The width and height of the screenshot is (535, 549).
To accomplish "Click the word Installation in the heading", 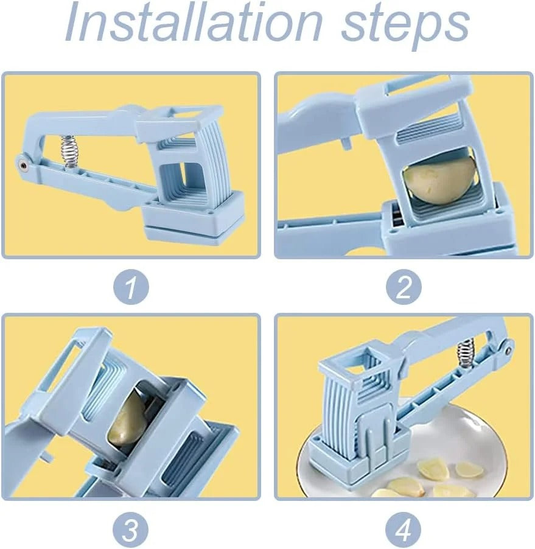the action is point(194,21).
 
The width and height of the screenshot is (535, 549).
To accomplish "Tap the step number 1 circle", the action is point(131,287).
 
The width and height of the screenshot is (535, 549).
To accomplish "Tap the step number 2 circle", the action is point(404,287).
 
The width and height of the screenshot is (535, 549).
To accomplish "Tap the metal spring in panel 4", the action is point(464,354).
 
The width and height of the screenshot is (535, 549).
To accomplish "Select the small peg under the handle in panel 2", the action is point(346,143).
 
